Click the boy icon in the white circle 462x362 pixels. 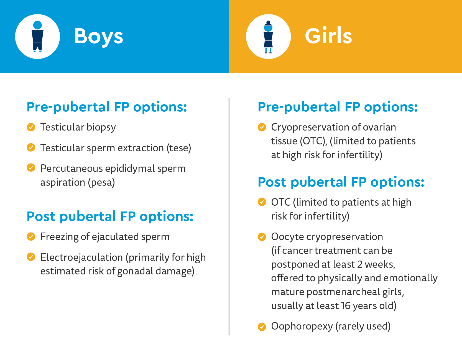[x=37, y=36]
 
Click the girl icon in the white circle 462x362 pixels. [x=268, y=37]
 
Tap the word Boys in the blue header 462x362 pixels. [x=99, y=36]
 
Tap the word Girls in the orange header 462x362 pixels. [x=328, y=36]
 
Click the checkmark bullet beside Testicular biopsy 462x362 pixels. [x=31, y=127]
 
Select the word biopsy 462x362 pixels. [x=101, y=128]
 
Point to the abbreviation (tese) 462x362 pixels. [x=179, y=148]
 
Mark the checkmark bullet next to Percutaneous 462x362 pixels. [x=31, y=168]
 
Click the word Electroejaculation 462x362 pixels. [x=81, y=258]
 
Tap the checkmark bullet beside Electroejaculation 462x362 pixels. [x=31, y=257]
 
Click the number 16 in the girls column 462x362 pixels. [x=346, y=306]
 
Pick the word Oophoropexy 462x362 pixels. [x=302, y=327]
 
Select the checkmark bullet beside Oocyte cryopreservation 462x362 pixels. [x=262, y=237]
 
